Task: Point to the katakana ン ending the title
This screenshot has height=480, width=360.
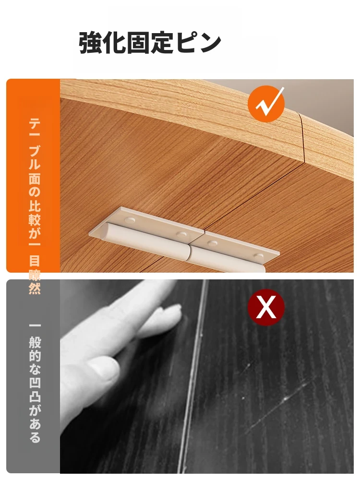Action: (x=209, y=43)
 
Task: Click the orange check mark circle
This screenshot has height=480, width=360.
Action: (x=266, y=104)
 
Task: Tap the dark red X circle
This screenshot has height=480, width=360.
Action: (x=266, y=307)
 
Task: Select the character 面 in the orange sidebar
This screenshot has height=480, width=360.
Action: (x=35, y=178)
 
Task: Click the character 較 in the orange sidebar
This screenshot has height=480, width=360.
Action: (x=35, y=219)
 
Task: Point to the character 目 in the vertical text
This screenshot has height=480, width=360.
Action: (x=35, y=261)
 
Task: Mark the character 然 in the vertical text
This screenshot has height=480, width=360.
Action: (x=35, y=288)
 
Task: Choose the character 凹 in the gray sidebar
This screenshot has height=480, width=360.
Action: (x=35, y=383)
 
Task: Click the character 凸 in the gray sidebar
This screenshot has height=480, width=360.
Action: (x=35, y=396)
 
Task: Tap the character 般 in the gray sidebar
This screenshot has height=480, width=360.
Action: (x=35, y=342)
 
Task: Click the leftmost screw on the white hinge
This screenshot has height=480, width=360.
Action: (x=130, y=219)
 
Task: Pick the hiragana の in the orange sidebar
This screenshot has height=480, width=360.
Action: (x=35, y=192)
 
